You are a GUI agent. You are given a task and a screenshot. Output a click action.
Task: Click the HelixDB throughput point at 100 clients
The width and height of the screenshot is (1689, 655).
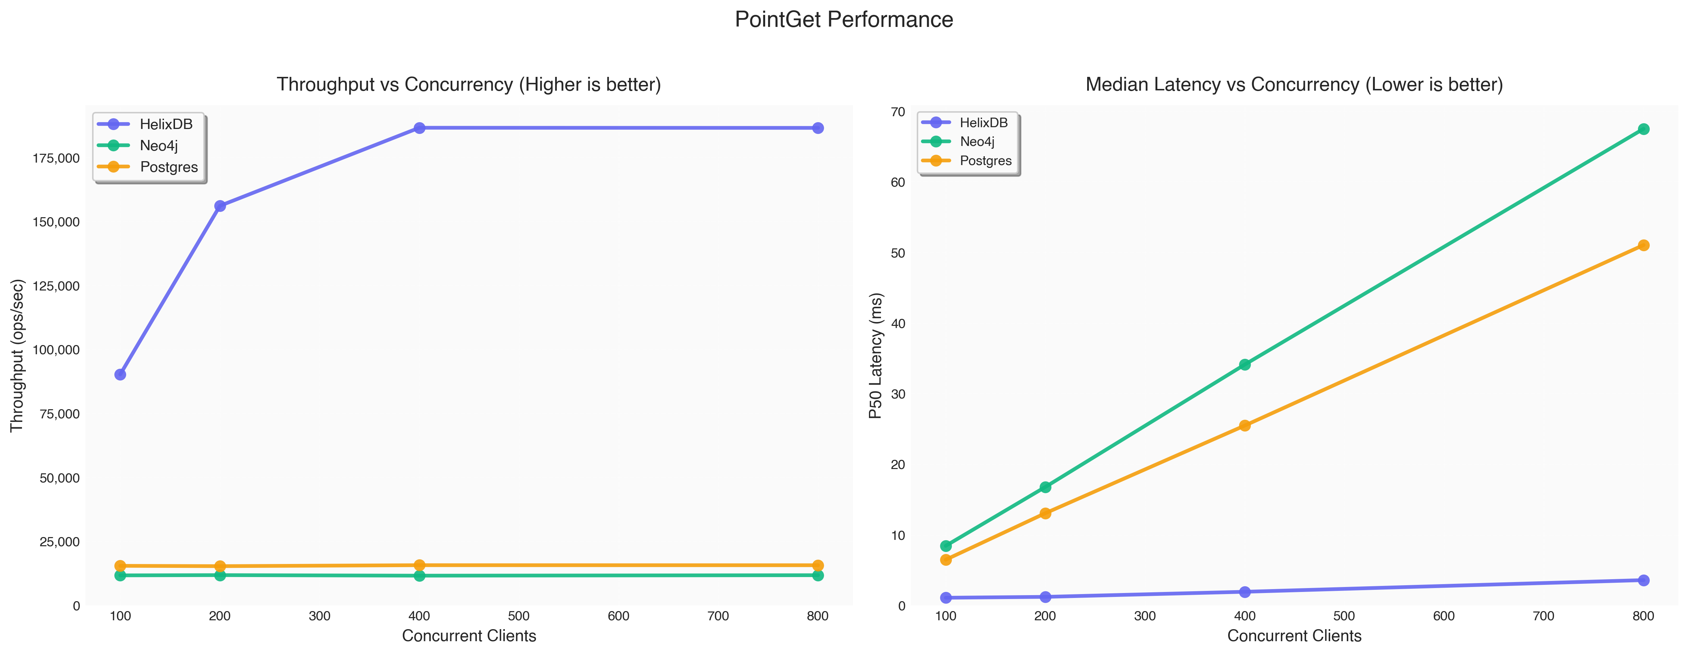120,374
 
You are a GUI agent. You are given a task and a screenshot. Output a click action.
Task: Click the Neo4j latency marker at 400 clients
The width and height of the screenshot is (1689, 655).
1244,365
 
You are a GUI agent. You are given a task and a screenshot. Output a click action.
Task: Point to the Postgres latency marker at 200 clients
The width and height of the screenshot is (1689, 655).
1045,513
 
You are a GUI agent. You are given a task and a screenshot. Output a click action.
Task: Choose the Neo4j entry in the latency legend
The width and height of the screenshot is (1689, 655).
977,142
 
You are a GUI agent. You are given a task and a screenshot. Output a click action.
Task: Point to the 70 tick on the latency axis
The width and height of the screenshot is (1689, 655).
895,112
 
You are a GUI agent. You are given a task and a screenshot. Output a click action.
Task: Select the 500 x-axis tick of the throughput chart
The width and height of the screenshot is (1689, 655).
519,616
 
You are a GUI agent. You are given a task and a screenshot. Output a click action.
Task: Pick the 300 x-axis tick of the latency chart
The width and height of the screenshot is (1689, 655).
1145,616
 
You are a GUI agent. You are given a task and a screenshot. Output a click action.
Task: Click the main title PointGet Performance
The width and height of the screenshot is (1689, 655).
844,20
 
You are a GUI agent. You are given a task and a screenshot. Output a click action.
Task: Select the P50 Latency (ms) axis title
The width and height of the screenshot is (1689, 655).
876,355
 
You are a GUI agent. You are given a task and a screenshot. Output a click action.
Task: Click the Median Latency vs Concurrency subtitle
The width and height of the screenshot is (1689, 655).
1294,85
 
